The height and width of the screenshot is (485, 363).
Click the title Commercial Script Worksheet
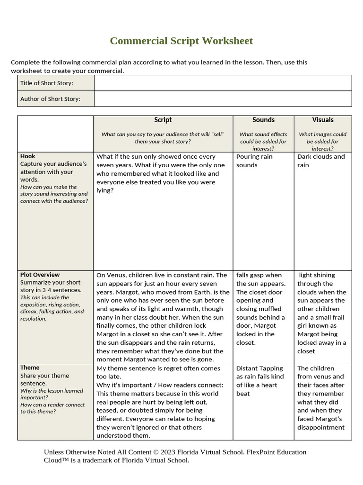tap(181, 41)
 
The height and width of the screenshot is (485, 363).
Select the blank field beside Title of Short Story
tap(223, 83)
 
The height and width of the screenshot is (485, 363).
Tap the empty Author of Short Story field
tap(223, 99)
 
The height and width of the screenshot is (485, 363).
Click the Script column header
tap(163, 120)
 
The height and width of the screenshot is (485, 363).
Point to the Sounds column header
tap(263, 120)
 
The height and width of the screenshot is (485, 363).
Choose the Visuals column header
tap(323, 120)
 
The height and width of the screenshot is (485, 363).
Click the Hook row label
tap(28, 156)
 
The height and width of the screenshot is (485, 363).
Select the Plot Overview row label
tap(40, 275)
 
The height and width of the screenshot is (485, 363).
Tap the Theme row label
tap(30, 368)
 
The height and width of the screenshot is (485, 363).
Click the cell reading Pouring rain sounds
tap(254, 161)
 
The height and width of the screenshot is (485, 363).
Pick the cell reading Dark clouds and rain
tap(321, 161)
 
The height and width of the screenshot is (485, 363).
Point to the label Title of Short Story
tap(47, 83)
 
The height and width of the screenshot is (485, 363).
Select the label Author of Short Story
tap(50, 99)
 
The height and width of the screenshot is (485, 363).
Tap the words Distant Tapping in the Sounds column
tap(259, 368)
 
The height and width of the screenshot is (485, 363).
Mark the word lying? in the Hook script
tap(105, 190)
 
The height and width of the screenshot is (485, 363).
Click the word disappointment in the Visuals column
tap(321, 427)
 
